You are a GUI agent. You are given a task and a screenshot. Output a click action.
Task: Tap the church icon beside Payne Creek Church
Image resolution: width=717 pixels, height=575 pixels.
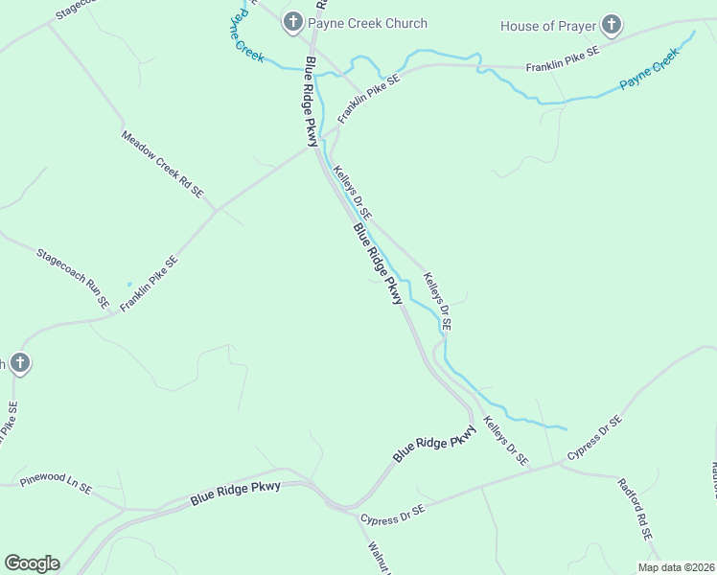(x=293, y=22)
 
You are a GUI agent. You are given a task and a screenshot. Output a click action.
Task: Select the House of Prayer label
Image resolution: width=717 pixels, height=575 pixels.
(x=548, y=26)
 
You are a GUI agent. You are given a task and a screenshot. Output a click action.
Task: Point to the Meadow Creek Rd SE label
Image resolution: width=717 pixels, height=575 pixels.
(x=162, y=164)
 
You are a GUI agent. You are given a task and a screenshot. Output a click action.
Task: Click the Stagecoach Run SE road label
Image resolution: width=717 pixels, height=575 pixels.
(x=73, y=278)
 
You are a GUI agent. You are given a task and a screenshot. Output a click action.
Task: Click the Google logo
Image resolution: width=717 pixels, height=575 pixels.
(x=32, y=563)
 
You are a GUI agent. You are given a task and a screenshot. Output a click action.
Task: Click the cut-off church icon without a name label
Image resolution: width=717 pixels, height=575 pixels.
(x=18, y=363)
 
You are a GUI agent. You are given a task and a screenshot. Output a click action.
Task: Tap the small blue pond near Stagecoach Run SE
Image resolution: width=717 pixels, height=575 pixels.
(x=128, y=284)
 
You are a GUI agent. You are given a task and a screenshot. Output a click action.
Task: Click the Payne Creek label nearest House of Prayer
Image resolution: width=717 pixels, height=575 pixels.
(x=649, y=70)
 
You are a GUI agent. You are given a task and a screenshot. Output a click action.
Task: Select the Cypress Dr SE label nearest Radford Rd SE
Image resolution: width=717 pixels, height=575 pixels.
(x=594, y=437)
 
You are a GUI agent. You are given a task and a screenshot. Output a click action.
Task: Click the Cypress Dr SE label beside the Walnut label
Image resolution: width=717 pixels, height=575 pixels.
(x=392, y=515)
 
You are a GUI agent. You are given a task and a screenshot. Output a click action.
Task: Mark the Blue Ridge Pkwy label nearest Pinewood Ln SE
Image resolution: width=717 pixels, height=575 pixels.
(x=235, y=493)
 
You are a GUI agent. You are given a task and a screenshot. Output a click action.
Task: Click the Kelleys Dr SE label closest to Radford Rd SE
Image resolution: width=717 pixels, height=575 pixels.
(x=505, y=441)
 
